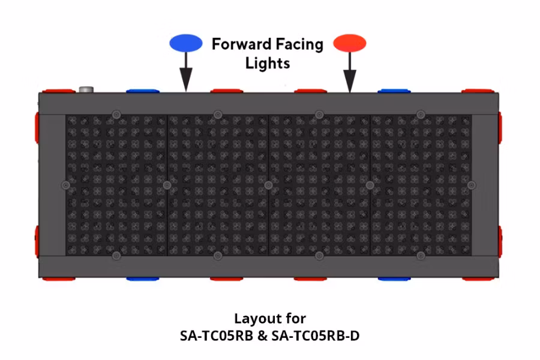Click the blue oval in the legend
pos(185,43)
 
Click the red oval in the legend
pos(350,43)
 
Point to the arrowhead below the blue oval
pos(186,79)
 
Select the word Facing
pos(299,45)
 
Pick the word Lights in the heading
pos(268,64)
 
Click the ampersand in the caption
pos(262,336)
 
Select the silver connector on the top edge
pos(86,89)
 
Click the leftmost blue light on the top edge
pos(143,91)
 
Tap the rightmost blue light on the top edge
pos(394,91)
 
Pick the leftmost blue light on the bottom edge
pos(143,278)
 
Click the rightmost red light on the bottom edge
pos(478,278)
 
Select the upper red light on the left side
pos(37,127)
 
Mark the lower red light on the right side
pos(500,242)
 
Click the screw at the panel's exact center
pos(268,185)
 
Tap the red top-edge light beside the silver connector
pos(59,91)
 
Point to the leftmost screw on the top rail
pos(116,115)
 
